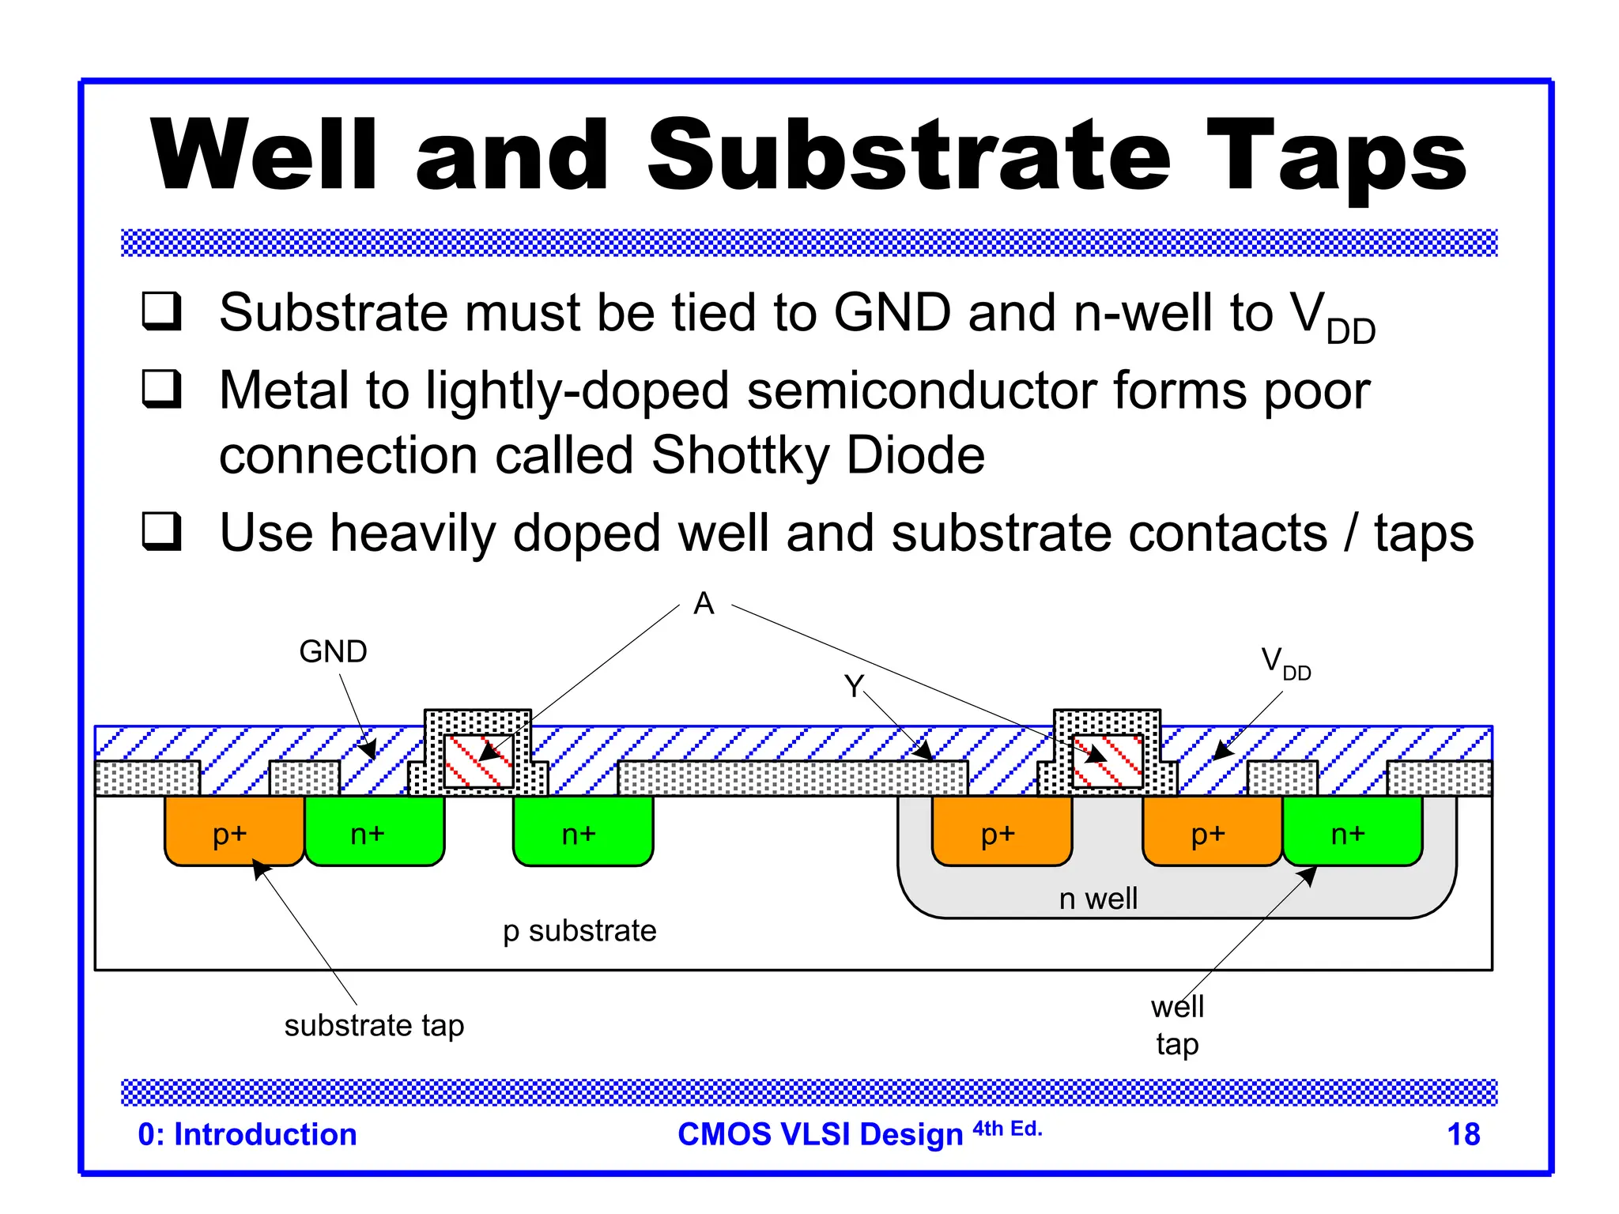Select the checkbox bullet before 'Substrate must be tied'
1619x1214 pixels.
click(x=162, y=311)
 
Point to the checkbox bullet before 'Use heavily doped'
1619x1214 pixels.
click(x=162, y=531)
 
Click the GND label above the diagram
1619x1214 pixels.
click(x=333, y=652)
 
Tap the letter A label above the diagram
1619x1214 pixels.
click(x=704, y=604)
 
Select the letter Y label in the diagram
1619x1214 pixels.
click(x=854, y=686)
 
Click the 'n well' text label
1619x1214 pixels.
click(x=1098, y=899)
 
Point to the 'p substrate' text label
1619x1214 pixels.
click(x=579, y=931)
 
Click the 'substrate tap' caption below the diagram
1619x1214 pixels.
click(x=374, y=1025)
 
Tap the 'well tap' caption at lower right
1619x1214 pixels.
click(x=1177, y=1025)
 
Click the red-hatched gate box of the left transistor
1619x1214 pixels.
click(x=477, y=762)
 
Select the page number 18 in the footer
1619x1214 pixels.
click(x=1462, y=1134)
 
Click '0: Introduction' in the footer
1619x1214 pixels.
click(x=247, y=1134)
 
